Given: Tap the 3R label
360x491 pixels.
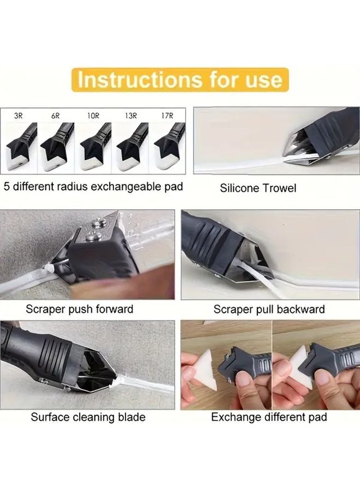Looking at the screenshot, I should [19, 116].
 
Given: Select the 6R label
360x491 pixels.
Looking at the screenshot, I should [55, 116].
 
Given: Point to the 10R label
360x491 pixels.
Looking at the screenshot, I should [93, 116].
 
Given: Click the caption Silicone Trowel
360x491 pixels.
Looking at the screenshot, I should [258, 188].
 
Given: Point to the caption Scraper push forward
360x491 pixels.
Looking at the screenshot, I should [79, 309].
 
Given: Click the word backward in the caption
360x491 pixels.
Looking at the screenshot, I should [299, 309].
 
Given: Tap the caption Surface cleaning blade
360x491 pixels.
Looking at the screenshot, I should [88, 417].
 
